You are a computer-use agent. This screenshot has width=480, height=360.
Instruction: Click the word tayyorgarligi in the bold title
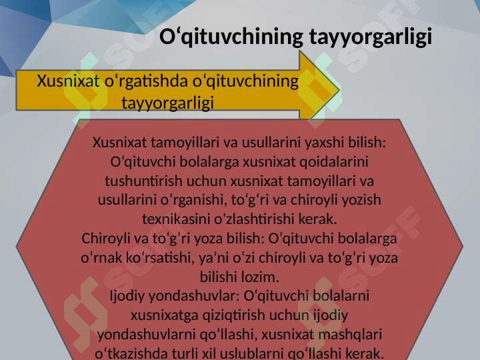371,37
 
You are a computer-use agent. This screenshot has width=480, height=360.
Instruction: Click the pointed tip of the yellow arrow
339,90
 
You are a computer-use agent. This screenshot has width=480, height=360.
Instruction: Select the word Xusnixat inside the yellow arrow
68,81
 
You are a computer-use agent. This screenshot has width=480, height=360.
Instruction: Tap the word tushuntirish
143,181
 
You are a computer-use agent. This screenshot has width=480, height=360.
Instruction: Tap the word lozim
260,277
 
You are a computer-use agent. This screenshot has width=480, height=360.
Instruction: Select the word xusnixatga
165,315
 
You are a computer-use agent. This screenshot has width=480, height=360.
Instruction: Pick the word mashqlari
350,335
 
